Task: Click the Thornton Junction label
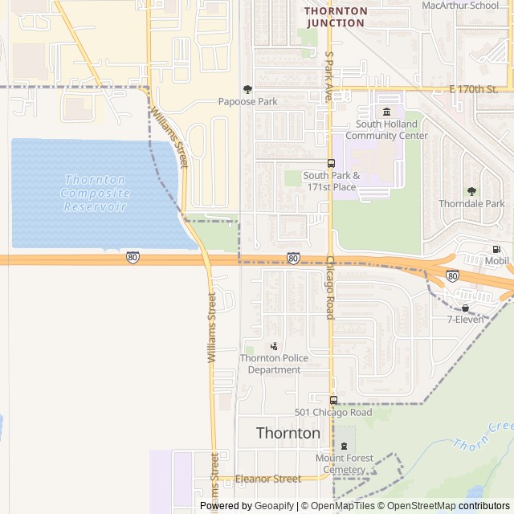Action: [x=336, y=17]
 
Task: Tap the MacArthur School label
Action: [x=460, y=5]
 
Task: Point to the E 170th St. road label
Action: [x=474, y=89]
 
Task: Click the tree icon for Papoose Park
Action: [x=247, y=89]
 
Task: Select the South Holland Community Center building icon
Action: [x=387, y=112]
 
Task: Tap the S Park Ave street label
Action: [x=328, y=77]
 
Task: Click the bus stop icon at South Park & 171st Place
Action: [x=331, y=163]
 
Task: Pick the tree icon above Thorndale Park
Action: [x=471, y=191]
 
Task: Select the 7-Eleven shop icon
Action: [x=466, y=308]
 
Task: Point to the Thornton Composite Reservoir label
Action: [x=95, y=194]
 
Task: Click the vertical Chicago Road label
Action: [x=329, y=288]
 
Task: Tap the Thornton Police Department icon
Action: [x=274, y=346]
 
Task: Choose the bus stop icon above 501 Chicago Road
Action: [x=333, y=400]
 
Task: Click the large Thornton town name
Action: [x=288, y=433]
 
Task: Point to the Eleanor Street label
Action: [x=269, y=479]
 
